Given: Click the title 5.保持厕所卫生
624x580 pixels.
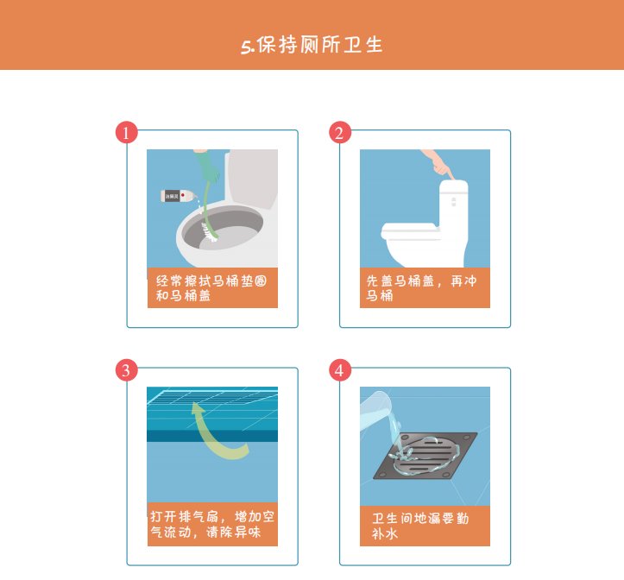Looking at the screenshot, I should [312, 45].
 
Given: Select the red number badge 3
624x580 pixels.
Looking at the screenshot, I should [127, 370].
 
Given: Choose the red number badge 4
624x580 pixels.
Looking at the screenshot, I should [340, 370].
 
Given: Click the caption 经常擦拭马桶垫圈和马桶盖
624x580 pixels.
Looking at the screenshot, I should [211, 287].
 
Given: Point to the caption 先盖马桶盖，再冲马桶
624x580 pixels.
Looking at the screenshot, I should [424, 287].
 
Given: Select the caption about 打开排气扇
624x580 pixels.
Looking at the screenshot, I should [211, 525].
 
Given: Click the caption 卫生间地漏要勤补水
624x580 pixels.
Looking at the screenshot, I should [424, 526].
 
